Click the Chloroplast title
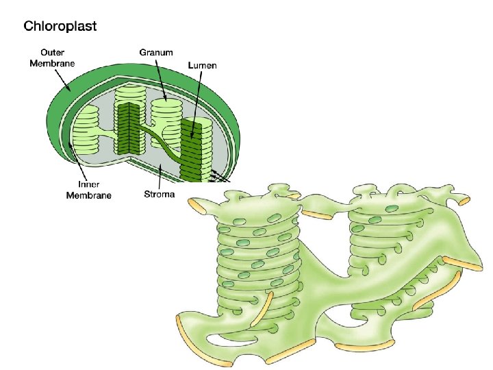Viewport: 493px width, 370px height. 60,27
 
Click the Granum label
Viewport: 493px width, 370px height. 156,52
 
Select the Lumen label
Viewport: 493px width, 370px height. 203,66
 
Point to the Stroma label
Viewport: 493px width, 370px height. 159,194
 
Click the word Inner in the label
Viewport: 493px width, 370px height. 88,184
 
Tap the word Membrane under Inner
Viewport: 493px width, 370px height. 88,195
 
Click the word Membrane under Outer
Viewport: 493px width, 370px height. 53,63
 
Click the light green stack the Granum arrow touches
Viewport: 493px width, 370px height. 167,113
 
